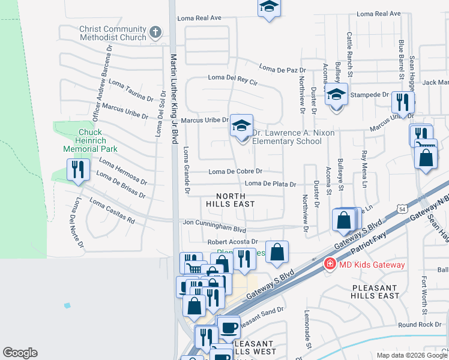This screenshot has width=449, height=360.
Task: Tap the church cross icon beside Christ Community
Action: [155, 32]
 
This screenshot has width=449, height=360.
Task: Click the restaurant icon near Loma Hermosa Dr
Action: [78, 169]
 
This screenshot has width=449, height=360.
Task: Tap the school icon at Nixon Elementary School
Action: [241, 126]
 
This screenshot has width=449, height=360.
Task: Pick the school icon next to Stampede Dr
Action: [337, 95]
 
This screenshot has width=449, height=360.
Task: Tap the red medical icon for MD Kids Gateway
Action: [330, 265]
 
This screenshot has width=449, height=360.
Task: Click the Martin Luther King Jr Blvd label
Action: [174, 96]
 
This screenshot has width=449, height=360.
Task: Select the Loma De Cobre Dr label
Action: [235, 172]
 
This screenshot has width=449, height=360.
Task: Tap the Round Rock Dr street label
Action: [419, 325]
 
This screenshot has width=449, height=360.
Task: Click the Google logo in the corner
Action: [20, 353]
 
